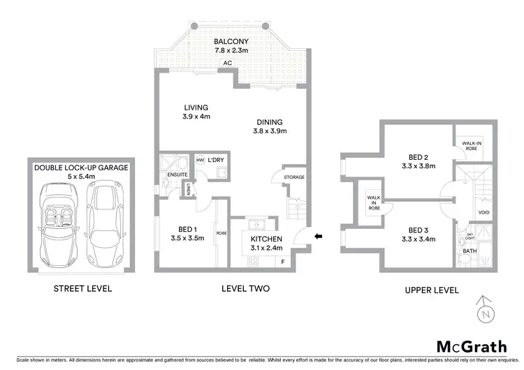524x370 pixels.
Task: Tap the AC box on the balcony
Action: [x=227, y=64]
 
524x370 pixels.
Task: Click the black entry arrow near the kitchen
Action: [x=319, y=237]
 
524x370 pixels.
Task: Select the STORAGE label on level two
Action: [x=294, y=177]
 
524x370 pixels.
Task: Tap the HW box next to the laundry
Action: [x=201, y=160]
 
